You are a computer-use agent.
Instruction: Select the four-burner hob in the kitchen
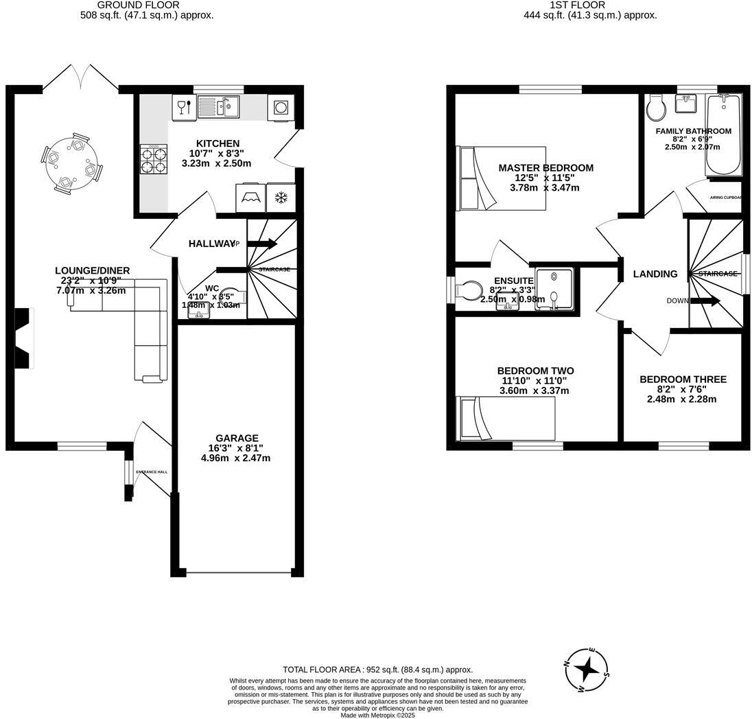pos(154,160)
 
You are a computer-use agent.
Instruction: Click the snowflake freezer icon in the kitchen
pos(280,198)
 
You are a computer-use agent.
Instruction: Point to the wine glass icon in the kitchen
pos(183,107)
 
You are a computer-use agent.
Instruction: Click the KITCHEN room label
pos(218,143)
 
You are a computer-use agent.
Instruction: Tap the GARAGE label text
pos(237,438)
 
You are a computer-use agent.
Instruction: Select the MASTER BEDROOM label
pos(545,168)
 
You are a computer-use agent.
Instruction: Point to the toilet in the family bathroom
pos(655,107)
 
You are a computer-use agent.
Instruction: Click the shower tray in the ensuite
pos(554,290)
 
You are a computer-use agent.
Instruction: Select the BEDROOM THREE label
pos(682,379)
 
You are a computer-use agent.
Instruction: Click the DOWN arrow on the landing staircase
pos(705,300)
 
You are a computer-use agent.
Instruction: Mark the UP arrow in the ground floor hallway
pos(261,244)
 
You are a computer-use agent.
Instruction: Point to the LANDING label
pos(655,274)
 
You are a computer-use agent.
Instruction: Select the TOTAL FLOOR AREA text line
pos(377,670)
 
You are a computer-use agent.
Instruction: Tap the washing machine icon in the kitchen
pos(280,108)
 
